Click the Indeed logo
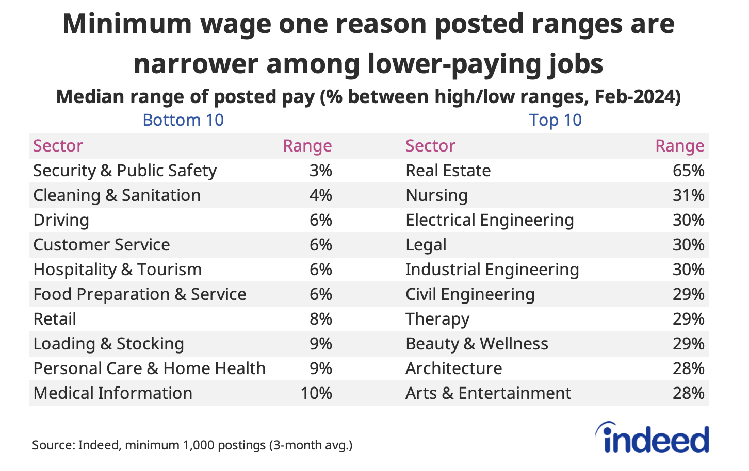(x=652, y=439)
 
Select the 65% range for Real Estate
(x=688, y=171)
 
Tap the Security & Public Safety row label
(x=125, y=171)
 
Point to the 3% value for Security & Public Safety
(x=320, y=171)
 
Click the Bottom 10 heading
(x=183, y=120)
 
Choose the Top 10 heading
(x=555, y=120)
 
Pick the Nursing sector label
(x=436, y=195)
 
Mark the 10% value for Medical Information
(x=316, y=393)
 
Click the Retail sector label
(x=55, y=319)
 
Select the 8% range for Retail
(x=320, y=319)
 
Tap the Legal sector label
(x=426, y=245)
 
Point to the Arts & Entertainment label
(x=488, y=393)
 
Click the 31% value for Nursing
(x=688, y=195)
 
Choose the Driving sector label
(x=61, y=220)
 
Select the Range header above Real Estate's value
(x=679, y=146)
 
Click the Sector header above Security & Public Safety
(x=58, y=146)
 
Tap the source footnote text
(x=192, y=445)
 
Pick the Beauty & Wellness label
(x=477, y=344)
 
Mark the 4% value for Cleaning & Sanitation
(x=320, y=195)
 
